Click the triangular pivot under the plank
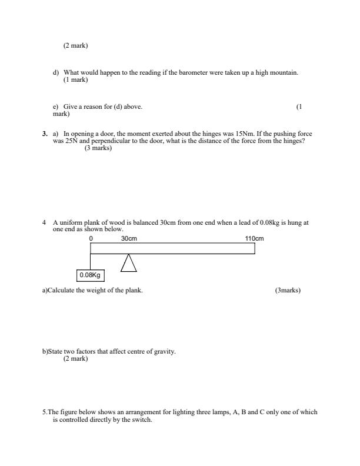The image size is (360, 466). tap(128, 263)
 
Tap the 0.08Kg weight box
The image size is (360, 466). tap(90, 275)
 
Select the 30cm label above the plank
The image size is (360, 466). tap(129, 238)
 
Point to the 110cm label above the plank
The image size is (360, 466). tap(254, 238)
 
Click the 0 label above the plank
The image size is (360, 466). tap(91, 238)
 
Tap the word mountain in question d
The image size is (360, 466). tap(284, 72)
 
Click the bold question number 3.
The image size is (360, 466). tap(45, 134)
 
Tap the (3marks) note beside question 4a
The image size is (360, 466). tap(288, 290)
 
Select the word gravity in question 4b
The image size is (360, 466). tap(165, 351)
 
